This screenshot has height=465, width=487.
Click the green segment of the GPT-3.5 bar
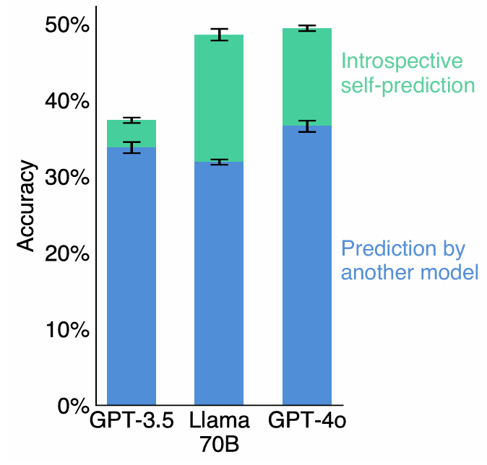pyautogui.click(x=132, y=134)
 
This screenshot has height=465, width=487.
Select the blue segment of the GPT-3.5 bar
pyautogui.click(x=132, y=274)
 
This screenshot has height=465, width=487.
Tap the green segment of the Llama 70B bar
pyautogui.click(x=219, y=97)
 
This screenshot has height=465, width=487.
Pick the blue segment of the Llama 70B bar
pyautogui.click(x=219, y=282)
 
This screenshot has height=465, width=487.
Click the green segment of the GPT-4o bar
pyautogui.click(x=307, y=77)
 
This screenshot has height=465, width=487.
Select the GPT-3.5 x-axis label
pyautogui.click(x=132, y=421)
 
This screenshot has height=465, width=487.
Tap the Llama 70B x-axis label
pyautogui.click(x=219, y=432)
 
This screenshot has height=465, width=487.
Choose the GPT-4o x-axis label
pyautogui.click(x=307, y=421)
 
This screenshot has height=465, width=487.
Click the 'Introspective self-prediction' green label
pyautogui.click(x=408, y=73)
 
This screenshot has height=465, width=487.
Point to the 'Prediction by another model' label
pyautogui.click(x=409, y=261)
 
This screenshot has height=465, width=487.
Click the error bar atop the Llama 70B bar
pyautogui.click(x=219, y=35)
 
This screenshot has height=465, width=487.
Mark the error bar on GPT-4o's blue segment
pyautogui.click(x=307, y=126)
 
